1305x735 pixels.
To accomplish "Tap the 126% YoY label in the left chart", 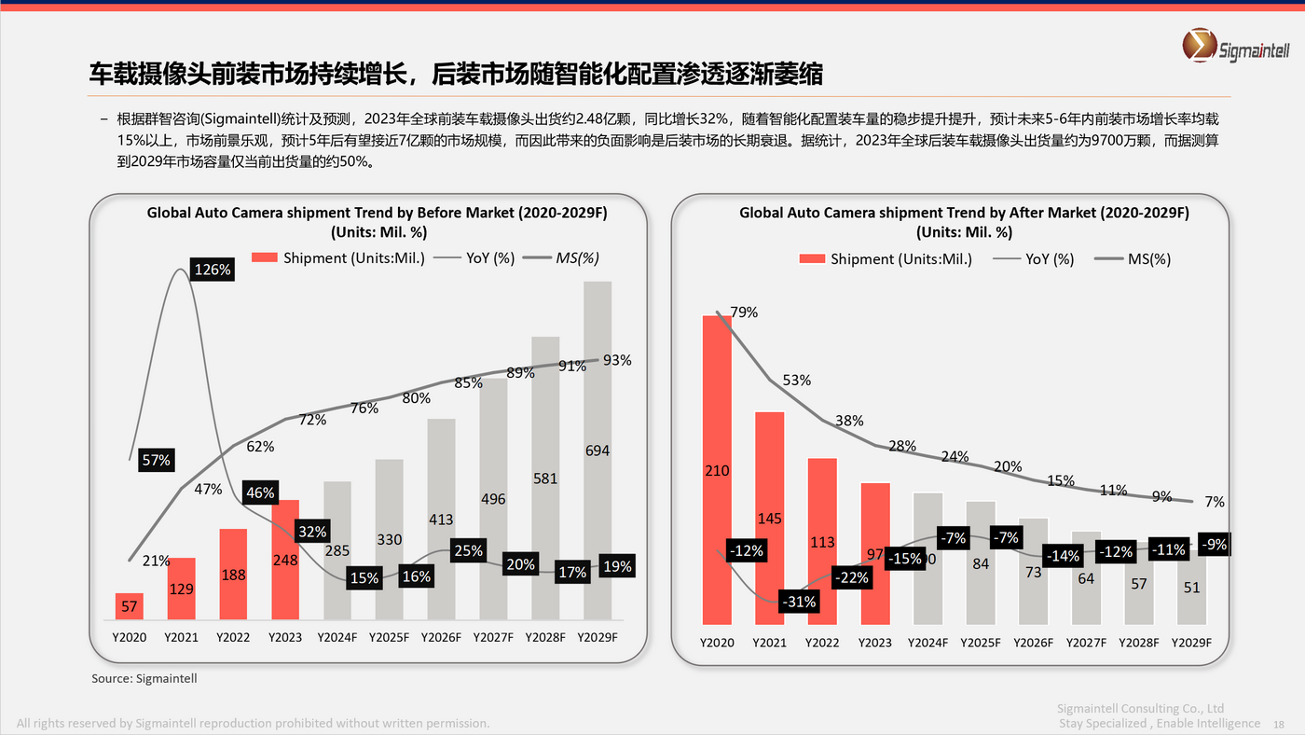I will [x=213, y=270].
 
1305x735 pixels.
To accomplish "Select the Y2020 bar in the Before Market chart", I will [x=130, y=606].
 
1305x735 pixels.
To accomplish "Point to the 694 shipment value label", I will [x=598, y=451].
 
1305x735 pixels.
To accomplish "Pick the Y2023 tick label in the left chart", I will [x=285, y=638].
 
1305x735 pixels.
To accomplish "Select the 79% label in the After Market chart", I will [x=744, y=312].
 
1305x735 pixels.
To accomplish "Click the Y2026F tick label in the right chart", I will [x=1034, y=643].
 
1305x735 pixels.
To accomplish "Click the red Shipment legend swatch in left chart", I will [x=265, y=258].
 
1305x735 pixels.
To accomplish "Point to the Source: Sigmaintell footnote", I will [x=144, y=678].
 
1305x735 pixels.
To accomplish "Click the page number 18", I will [x=1278, y=724].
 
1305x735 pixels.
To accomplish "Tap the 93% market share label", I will [x=616, y=360].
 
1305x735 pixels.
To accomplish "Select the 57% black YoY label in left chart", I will [x=156, y=460].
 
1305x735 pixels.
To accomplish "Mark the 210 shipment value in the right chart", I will [x=717, y=471].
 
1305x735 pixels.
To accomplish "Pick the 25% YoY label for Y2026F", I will [x=467, y=551].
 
